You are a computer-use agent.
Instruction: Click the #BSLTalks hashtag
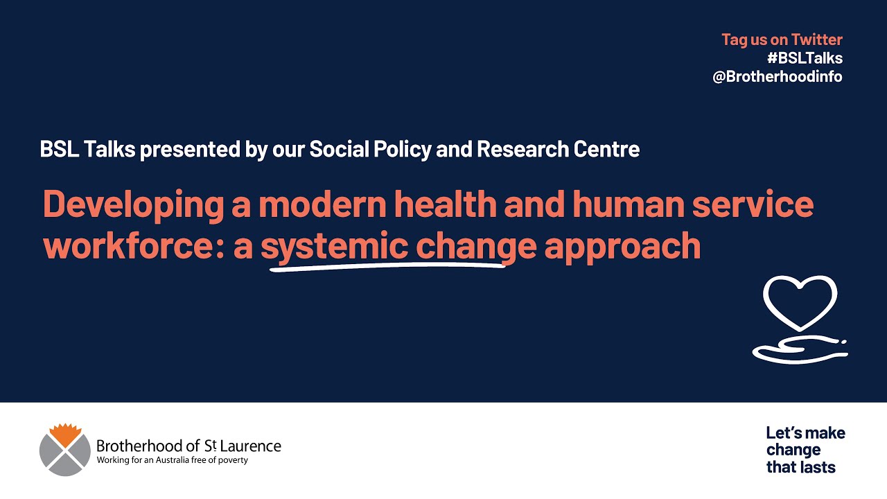point(805,58)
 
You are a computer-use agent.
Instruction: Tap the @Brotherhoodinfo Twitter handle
point(778,77)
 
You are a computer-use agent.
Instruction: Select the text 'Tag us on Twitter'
point(782,40)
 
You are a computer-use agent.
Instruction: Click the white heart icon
point(800,302)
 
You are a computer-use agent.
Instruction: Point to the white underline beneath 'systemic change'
point(388,266)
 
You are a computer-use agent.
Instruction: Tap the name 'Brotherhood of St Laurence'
point(188,446)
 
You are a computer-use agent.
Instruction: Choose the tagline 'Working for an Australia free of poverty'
point(172,460)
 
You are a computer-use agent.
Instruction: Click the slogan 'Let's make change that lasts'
point(805,450)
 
